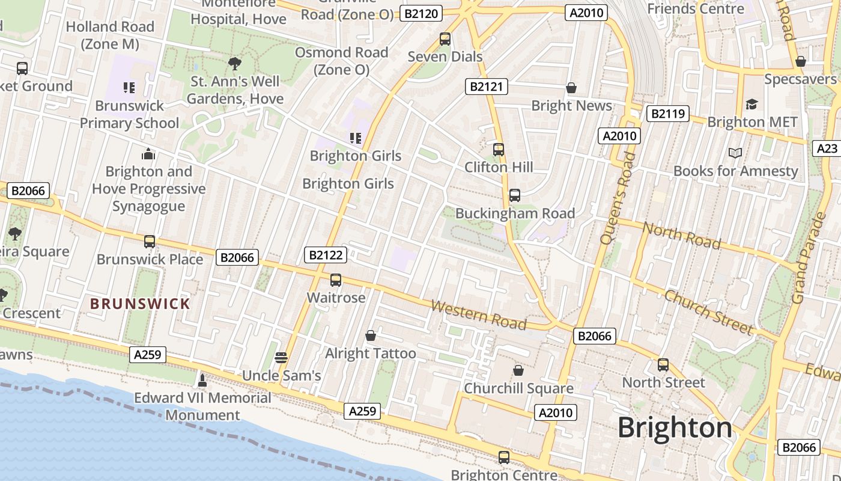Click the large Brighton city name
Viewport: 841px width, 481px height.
pyautogui.click(x=675, y=428)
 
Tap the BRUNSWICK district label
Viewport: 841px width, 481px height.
pyautogui.click(x=140, y=304)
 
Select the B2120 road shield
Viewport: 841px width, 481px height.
pyautogui.click(x=421, y=13)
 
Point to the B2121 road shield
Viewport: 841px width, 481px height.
pyautogui.click(x=487, y=87)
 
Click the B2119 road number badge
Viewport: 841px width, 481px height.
pyautogui.click(x=667, y=114)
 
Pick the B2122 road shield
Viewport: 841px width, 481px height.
pyautogui.click(x=326, y=255)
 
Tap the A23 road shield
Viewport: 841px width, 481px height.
pyautogui.click(x=827, y=149)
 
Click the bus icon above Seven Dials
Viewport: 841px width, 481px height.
pyautogui.click(x=445, y=39)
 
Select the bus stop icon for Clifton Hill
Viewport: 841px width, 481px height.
pyautogui.click(x=499, y=150)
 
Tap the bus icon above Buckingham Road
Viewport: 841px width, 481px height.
pyautogui.click(x=515, y=195)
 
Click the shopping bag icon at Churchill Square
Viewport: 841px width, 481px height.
pyautogui.click(x=518, y=370)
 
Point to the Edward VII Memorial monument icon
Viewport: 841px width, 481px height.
pyautogui.click(x=202, y=380)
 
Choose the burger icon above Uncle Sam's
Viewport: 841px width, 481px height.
pyautogui.click(x=281, y=358)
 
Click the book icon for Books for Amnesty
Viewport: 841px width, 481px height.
pyautogui.click(x=735, y=153)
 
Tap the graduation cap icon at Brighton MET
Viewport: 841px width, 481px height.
pyautogui.click(x=752, y=105)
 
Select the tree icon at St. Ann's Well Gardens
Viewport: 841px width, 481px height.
pyautogui.click(x=235, y=63)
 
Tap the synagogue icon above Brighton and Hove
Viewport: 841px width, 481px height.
pyautogui.click(x=148, y=155)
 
